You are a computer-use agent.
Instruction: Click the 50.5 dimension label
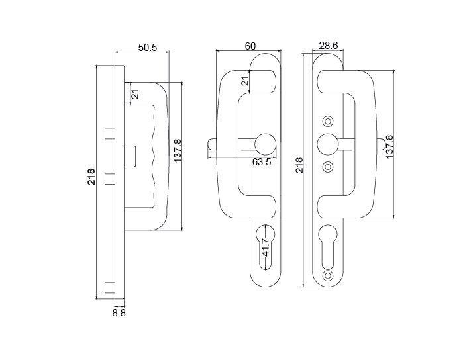(148, 47)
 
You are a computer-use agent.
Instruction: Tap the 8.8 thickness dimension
(119, 313)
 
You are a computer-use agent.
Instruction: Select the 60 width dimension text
(250, 46)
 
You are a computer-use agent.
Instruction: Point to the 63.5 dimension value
(262, 161)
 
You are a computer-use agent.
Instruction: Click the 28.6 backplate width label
(329, 46)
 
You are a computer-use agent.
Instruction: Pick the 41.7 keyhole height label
(266, 247)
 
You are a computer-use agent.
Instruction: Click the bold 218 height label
(91, 177)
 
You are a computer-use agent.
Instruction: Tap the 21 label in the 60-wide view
(245, 79)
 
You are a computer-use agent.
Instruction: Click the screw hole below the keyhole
(327, 275)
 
